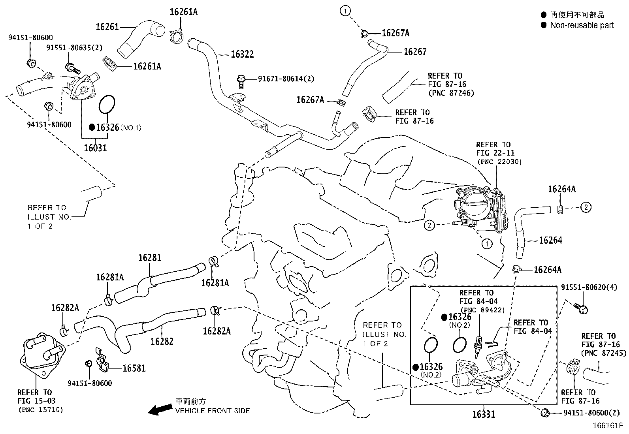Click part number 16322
pyautogui.click(x=242, y=54)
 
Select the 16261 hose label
pyautogui.click(x=107, y=26)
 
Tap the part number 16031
pyautogui.click(x=95, y=148)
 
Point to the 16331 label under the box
pyautogui.click(x=484, y=414)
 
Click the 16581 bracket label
pyautogui.click(x=134, y=368)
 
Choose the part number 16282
pyautogui.click(x=162, y=341)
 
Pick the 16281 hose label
pyautogui.click(x=150, y=258)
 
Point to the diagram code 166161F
pyautogui.click(x=607, y=426)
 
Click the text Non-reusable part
pyautogui.click(x=582, y=25)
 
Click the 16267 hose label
pyautogui.click(x=415, y=52)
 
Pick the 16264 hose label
pyautogui.click(x=550, y=240)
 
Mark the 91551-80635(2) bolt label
pyautogui.click(x=74, y=48)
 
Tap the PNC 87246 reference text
pyautogui.click(x=451, y=93)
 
